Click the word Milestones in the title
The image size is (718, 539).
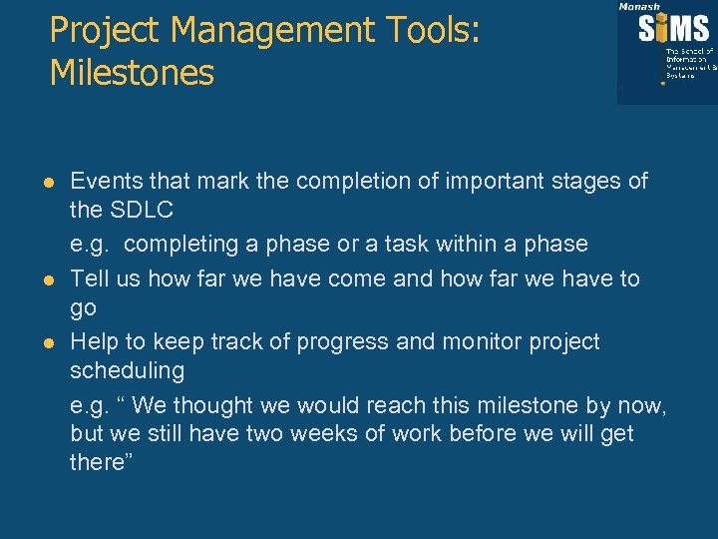(132, 73)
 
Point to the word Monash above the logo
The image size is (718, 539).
(639, 6)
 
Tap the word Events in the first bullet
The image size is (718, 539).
(107, 182)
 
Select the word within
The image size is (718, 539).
(467, 244)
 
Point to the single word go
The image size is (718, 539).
(83, 309)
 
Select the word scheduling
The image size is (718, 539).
(127, 371)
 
